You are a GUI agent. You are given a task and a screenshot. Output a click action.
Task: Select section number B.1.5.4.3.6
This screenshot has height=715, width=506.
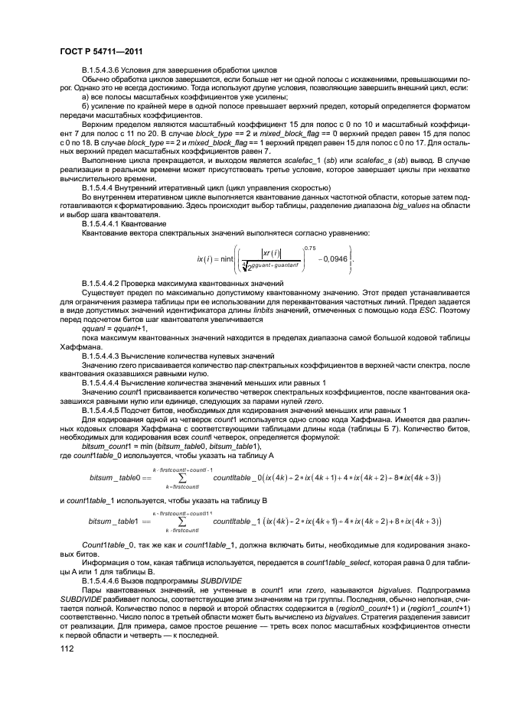(x=108, y=69)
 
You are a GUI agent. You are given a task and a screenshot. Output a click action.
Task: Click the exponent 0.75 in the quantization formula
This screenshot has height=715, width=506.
(x=309, y=247)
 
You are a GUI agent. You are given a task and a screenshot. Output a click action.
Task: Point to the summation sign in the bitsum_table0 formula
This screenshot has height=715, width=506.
(x=183, y=477)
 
